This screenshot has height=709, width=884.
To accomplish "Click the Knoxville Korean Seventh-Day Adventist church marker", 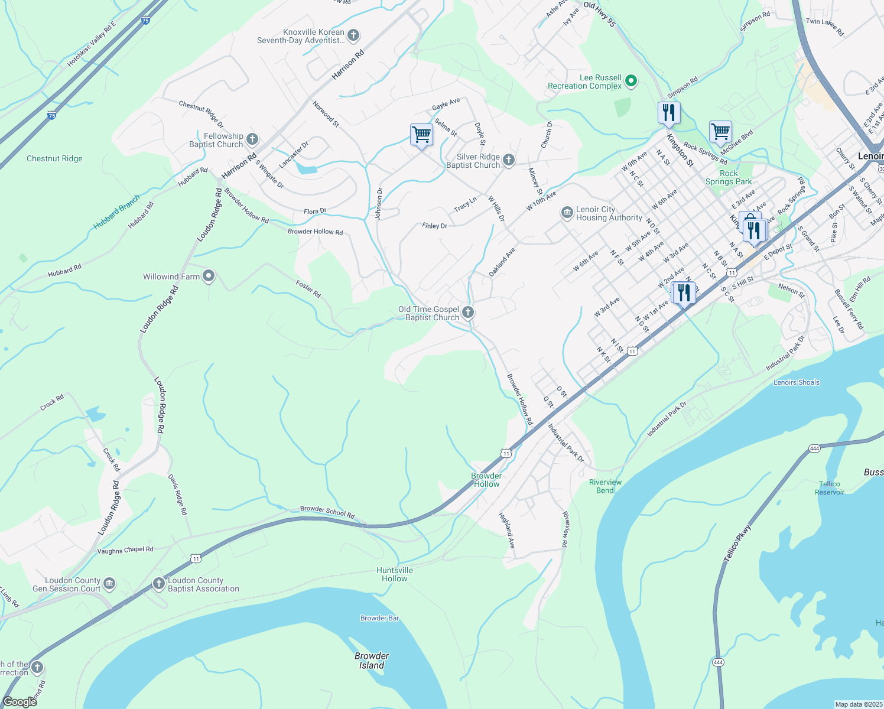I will [x=353, y=35].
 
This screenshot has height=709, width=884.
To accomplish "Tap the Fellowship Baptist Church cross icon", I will [x=252, y=139].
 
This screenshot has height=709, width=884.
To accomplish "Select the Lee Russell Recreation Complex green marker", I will [x=631, y=81].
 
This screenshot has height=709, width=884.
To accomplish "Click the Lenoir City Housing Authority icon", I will [x=567, y=213].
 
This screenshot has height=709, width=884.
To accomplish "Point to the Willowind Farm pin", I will [x=208, y=276].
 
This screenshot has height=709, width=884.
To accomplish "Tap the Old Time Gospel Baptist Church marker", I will [x=468, y=313].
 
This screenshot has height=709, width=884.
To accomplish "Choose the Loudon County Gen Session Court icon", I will [x=109, y=584].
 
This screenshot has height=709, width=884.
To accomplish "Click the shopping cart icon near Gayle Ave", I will [x=421, y=135].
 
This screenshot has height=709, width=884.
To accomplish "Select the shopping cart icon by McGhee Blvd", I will [x=720, y=132].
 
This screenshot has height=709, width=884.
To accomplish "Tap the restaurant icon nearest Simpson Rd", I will [x=669, y=112].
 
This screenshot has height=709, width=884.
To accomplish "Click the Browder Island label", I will [x=372, y=661].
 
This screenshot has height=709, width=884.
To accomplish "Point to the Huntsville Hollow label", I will [x=395, y=574].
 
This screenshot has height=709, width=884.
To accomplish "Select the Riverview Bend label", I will [x=605, y=486].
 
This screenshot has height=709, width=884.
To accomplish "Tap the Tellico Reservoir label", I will [x=829, y=488].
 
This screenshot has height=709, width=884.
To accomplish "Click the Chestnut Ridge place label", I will [x=54, y=158].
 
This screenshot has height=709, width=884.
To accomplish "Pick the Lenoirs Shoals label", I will [x=796, y=382].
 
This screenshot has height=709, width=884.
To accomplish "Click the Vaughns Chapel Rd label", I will [x=125, y=550].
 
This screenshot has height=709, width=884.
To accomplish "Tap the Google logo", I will [x=19, y=702].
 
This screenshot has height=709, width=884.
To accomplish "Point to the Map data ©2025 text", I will [x=857, y=704].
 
